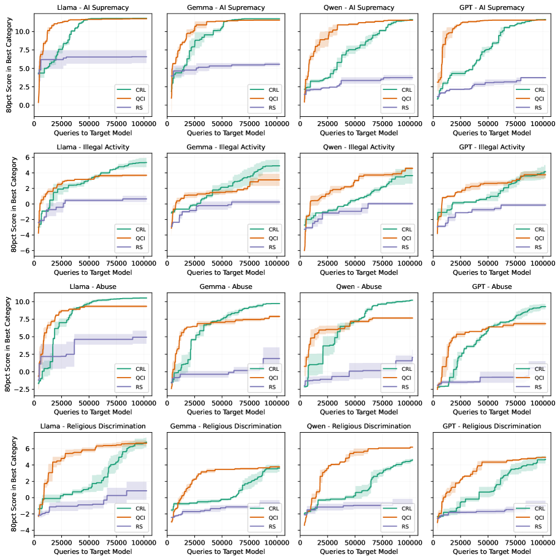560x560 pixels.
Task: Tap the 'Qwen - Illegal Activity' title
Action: tap(356, 147)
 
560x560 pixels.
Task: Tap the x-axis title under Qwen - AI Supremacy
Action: tap(356, 132)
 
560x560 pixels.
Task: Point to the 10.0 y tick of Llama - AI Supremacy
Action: tap(23, 31)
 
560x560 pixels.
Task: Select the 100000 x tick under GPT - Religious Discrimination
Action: tap(542, 542)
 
